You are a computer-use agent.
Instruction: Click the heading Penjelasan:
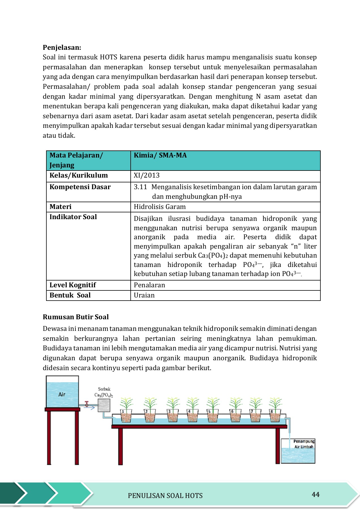click(x=62, y=47)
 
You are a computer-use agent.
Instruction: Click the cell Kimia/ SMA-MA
click(x=160, y=155)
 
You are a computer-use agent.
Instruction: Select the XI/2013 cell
click(x=146, y=175)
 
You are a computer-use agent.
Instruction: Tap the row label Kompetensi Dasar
click(x=80, y=187)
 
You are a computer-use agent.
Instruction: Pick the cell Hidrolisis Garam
click(x=159, y=207)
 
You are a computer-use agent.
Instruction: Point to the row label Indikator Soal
click(x=73, y=217)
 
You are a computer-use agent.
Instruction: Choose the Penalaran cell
click(x=149, y=285)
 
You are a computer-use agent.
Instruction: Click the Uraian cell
click(x=144, y=295)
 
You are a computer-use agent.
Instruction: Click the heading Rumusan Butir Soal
click(x=76, y=317)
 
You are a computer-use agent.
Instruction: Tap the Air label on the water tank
click(x=62, y=394)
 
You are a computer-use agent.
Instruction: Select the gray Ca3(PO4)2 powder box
click(x=104, y=406)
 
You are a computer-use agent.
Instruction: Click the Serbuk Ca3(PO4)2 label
click(x=104, y=392)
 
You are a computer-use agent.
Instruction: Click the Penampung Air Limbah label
click(x=304, y=444)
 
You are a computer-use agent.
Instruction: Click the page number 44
click(x=316, y=494)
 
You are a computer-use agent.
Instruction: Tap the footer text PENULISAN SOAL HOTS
click(x=165, y=496)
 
